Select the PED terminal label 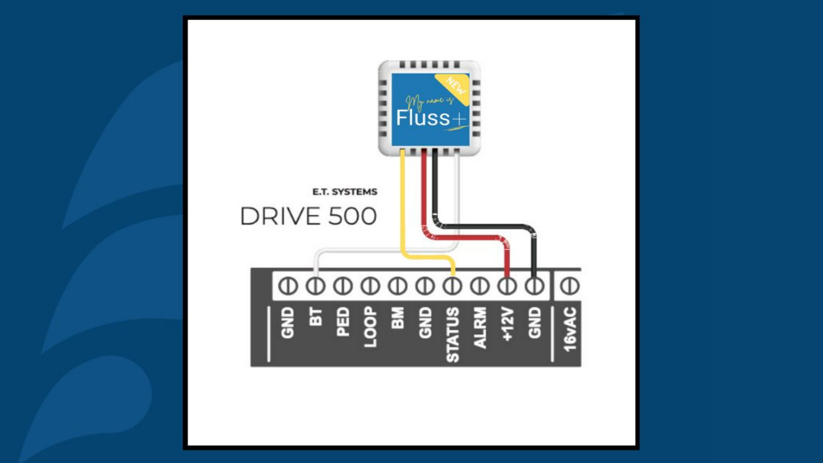pyautogui.click(x=342, y=324)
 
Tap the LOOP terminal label pyautogui.click(x=370, y=327)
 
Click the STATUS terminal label pyautogui.click(x=452, y=334)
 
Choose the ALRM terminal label pyautogui.click(x=480, y=328)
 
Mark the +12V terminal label pyautogui.click(x=508, y=325)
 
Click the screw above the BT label pyautogui.click(x=315, y=286)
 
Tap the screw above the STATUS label pyautogui.click(x=452, y=286)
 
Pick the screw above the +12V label pyautogui.click(x=507, y=286)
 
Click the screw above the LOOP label pyautogui.click(x=370, y=286)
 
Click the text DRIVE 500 pyautogui.click(x=308, y=217)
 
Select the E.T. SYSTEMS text pyautogui.click(x=345, y=192)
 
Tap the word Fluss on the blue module pyautogui.click(x=424, y=118)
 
